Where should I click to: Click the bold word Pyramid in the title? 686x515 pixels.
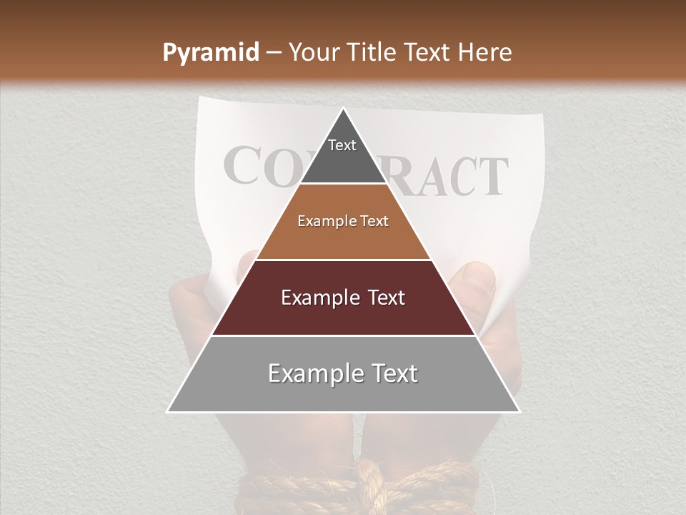(x=210, y=52)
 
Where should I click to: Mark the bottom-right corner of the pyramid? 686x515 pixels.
(x=519, y=412)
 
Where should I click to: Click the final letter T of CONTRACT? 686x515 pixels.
(x=492, y=177)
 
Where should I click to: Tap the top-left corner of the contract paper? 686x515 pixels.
(x=201, y=100)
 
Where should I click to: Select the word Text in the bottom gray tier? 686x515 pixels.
(x=393, y=373)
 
